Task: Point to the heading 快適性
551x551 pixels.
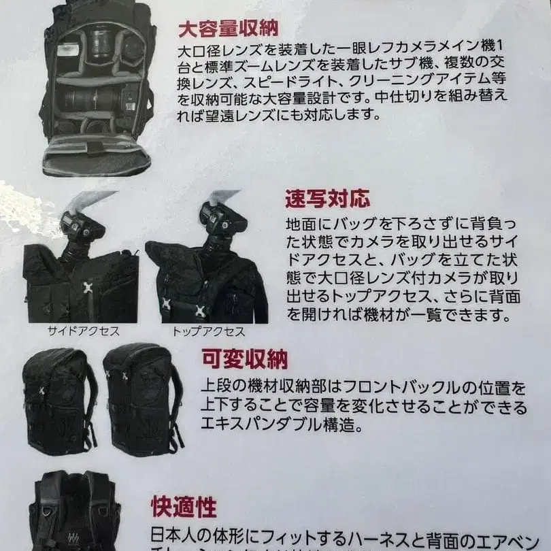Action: click(184, 507)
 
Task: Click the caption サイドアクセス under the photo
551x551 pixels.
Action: click(83, 331)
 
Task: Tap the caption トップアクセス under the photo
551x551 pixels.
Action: click(208, 331)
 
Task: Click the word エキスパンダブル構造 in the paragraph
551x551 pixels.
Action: click(272, 424)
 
